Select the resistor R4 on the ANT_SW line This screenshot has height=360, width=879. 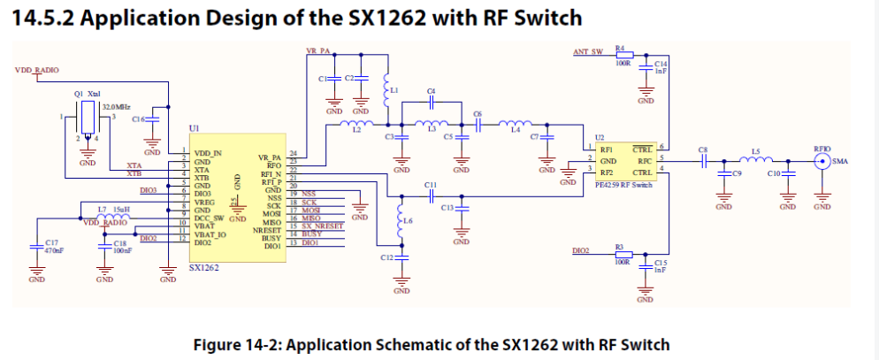tap(623, 55)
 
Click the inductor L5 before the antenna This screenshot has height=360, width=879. tap(756, 160)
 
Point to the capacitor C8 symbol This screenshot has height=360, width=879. tap(704, 161)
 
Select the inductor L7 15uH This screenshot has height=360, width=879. tap(112, 216)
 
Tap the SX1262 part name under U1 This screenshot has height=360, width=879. tap(203, 266)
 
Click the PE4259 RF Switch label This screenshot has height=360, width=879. tap(625, 186)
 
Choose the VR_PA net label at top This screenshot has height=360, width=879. tap(317, 52)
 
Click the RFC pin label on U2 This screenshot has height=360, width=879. tap(645, 160)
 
